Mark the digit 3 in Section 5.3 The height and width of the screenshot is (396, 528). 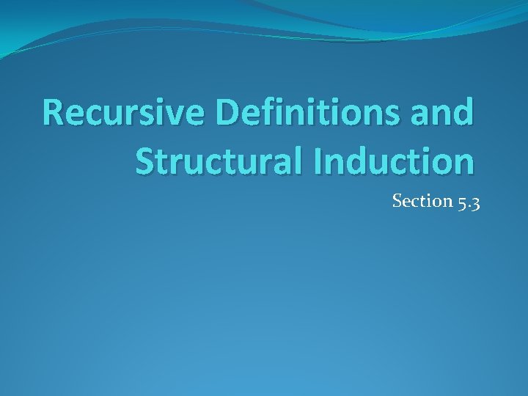tap(475, 202)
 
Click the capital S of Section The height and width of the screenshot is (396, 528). tap(397, 201)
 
